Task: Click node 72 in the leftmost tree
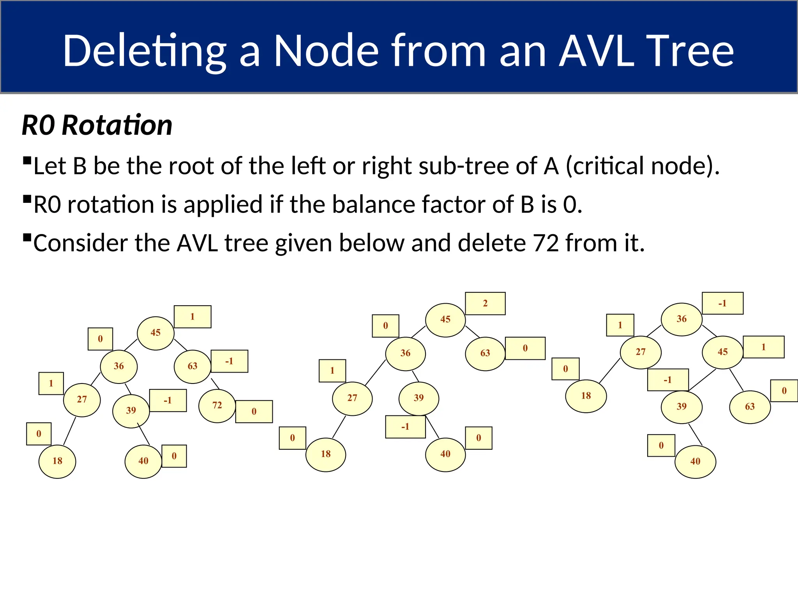tap(217, 406)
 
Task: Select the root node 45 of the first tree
tap(155, 333)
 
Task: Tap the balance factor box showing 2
tap(485, 303)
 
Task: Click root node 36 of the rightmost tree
tap(681, 319)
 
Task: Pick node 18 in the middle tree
tap(326, 454)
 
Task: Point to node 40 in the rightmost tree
tap(695, 462)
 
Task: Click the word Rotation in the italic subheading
tap(117, 125)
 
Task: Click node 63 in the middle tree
tap(485, 354)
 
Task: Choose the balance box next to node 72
tap(254, 412)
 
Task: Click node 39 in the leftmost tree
tap(131, 411)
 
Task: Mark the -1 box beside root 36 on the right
tap(722, 303)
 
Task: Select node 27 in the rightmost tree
tap(641, 352)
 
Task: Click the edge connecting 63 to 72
tap(215, 384)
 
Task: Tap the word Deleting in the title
tap(144, 51)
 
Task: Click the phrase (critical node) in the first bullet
tap(642, 166)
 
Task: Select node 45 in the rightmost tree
tap(722, 352)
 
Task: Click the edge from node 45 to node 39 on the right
tap(702, 380)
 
